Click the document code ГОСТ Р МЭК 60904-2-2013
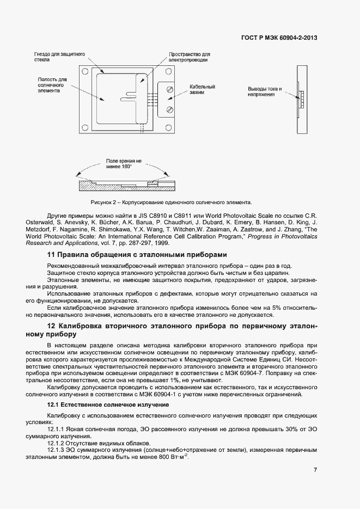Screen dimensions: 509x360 click(279, 38)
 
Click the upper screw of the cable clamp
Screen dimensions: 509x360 click(170, 89)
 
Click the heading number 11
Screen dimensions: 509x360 click(51, 255)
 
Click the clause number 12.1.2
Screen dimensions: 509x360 click(57, 443)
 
